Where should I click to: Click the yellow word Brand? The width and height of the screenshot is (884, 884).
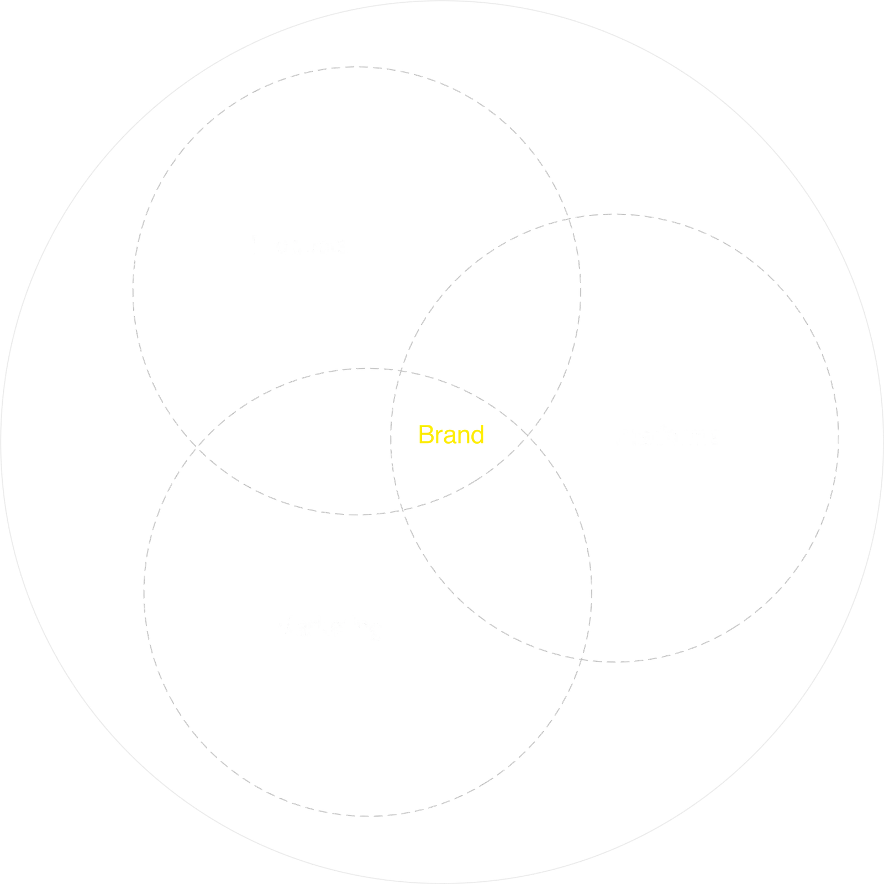[451, 434]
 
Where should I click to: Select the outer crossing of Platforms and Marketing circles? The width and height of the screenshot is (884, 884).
[583, 657]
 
